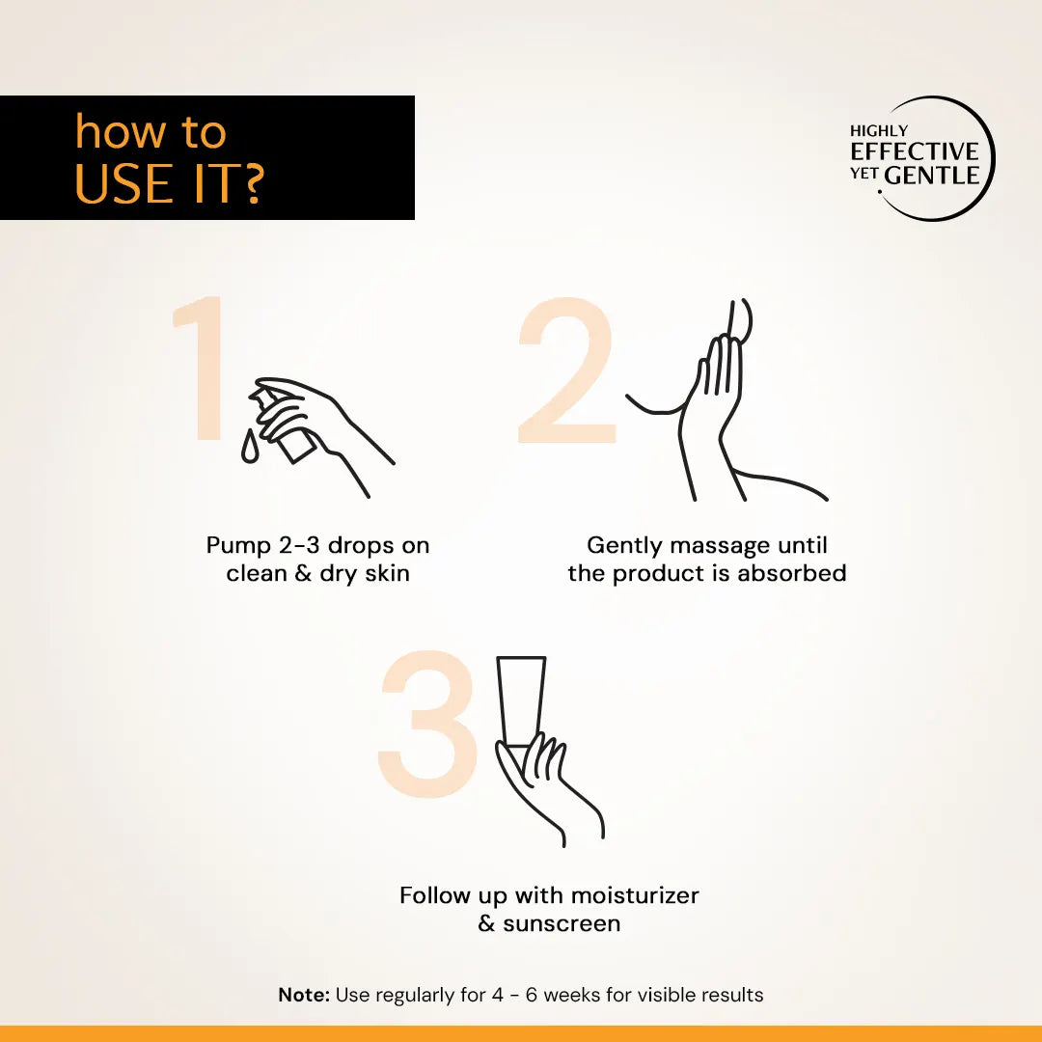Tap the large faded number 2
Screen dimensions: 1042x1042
tap(567, 371)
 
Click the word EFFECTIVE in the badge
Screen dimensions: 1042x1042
tap(914, 151)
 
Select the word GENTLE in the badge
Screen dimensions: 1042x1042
tap(932, 176)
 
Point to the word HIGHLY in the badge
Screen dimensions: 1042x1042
tap(878, 130)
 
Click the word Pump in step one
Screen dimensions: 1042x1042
tap(238, 545)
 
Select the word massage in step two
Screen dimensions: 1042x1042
tap(718, 546)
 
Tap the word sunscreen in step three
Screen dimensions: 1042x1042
tap(562, 923)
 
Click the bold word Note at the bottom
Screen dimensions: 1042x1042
tap(304, 995)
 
